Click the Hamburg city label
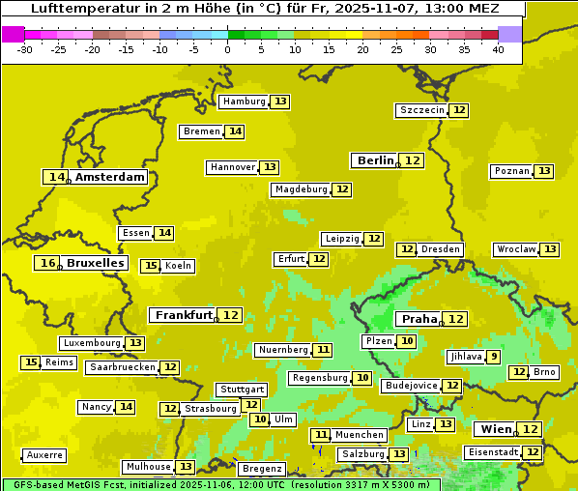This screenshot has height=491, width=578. [244, 101]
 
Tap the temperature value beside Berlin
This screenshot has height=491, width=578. [413, 160]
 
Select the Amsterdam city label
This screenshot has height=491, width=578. [110, 177]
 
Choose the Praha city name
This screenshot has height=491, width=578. [419, 319]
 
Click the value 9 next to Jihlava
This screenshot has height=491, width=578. [494, 357]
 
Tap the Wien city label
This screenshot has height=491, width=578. [494, 429]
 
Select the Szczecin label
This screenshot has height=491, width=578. [421, 110]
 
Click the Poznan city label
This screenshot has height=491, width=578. [511, 171]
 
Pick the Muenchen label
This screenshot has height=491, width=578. [361, 435]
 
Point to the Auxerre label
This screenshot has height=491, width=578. [44, 454]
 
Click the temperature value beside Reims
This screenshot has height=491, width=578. [31, 362]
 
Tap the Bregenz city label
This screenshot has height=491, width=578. [261, 469]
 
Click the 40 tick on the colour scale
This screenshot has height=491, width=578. [498, 48]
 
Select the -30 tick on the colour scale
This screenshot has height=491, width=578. [25, 48]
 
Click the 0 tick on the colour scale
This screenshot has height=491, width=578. [227, 48]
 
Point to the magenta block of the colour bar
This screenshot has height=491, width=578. [13, 33]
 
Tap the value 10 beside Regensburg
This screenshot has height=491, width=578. [362, 378]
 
